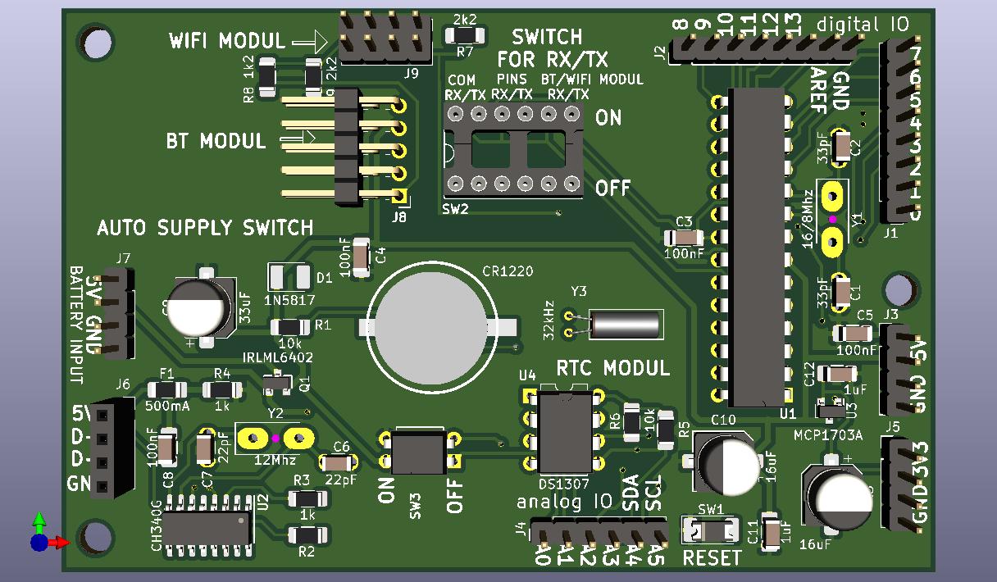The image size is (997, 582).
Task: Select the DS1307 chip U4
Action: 564,430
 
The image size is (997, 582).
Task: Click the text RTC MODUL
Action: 613,368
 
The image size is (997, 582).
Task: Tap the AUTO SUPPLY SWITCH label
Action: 205,227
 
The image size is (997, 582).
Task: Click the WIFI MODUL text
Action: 227,40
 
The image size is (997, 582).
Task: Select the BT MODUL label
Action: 216,141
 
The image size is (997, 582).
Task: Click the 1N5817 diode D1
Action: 289,277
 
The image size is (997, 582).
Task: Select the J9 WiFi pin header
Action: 384,38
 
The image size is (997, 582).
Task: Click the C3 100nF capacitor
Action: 684,238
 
